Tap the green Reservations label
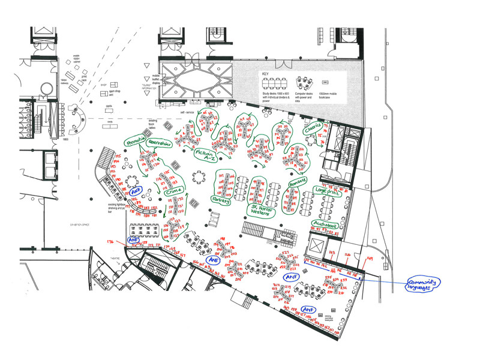pos(159,145)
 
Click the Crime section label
pos(173,190)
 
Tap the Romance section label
pos(298,181)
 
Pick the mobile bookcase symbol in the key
pos(326,82)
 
